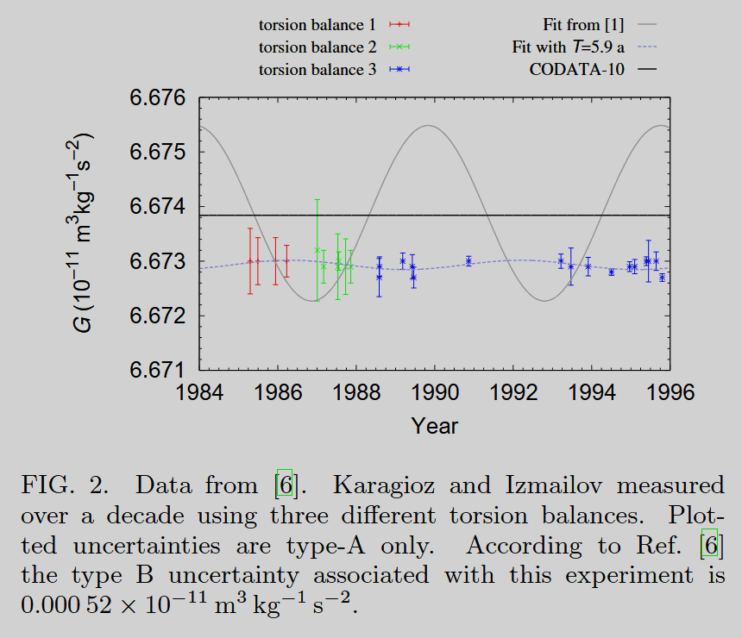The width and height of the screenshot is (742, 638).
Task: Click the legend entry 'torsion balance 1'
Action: click(318, 24)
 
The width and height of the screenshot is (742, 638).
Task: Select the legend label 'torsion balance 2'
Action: click(318, 47)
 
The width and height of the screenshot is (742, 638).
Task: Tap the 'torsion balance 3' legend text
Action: click(318, 70)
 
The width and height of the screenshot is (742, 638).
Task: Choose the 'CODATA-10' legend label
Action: click(576, 70)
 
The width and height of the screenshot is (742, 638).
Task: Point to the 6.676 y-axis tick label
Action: click(158, 98)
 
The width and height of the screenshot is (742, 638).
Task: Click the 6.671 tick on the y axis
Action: click(158, 370)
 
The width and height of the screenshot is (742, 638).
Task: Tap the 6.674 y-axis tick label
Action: click(158, 207)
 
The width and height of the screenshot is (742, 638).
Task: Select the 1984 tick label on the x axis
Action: click(199, 392)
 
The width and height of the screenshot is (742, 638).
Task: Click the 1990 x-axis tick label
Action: click(435, 392)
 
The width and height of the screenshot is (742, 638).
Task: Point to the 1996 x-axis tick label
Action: click(670, 392)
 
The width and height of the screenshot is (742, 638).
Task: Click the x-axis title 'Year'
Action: click(435, 425)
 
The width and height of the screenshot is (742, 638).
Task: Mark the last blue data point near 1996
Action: click(662, 278)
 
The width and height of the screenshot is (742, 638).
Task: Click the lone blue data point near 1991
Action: click(468, 260)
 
